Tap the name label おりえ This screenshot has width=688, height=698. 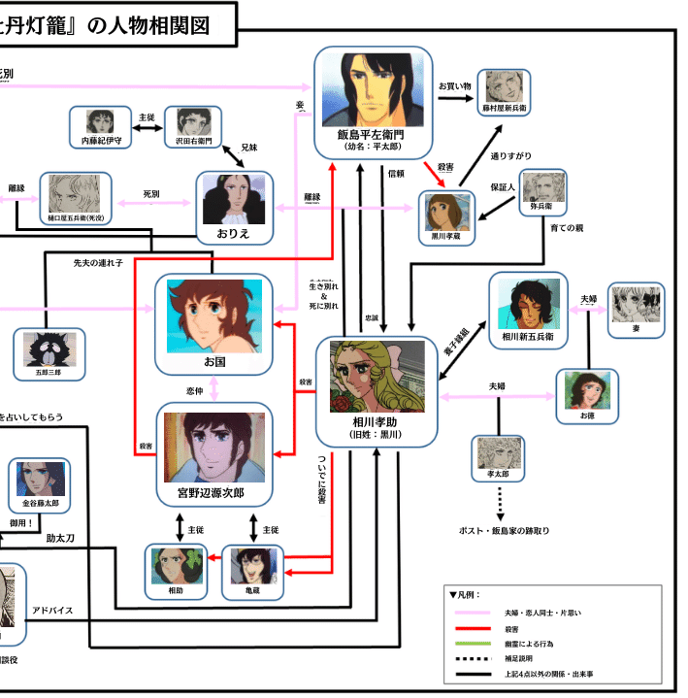point(235,236)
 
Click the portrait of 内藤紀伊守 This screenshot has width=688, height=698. point(100,123)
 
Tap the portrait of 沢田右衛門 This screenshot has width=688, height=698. point(192,123)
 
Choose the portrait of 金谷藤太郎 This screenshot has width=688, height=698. point(40,480)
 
